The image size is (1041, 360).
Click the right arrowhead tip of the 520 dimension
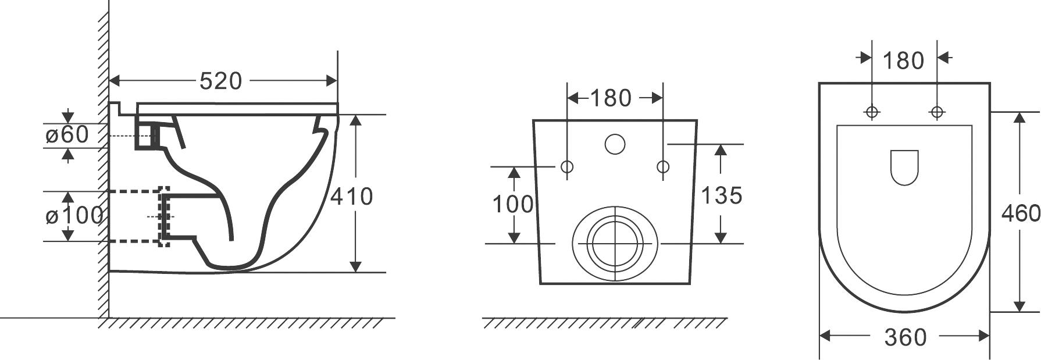click(x=337, y=80)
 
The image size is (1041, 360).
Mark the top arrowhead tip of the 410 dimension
click(x=356, y=115)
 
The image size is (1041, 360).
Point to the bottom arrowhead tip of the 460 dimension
click(x=1019, y=311)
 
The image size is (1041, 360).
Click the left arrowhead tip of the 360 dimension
click(x=820, y=336)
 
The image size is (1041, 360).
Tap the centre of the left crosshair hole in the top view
click(x=872, y=112)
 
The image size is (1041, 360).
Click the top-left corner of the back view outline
click(x=534, y=121)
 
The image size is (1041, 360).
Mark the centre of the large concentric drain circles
click(x=615, y=243)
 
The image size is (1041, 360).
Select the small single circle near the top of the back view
click(x=615, y=144)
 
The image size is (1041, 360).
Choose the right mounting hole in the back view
click(x=663, y=167)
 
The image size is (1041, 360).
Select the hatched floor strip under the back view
click(x=605, y=323)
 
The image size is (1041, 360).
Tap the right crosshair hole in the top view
click(x=937, y=112)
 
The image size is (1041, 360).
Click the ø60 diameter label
click(x=67, y=135)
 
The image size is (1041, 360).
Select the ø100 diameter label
click(x=74, y=216)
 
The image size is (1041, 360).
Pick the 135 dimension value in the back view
click(x=721, y=195)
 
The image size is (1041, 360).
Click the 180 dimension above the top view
click(x=903, y=60)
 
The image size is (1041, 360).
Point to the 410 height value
click(x=352, y=197)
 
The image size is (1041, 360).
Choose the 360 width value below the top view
click(x=905, y=337)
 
